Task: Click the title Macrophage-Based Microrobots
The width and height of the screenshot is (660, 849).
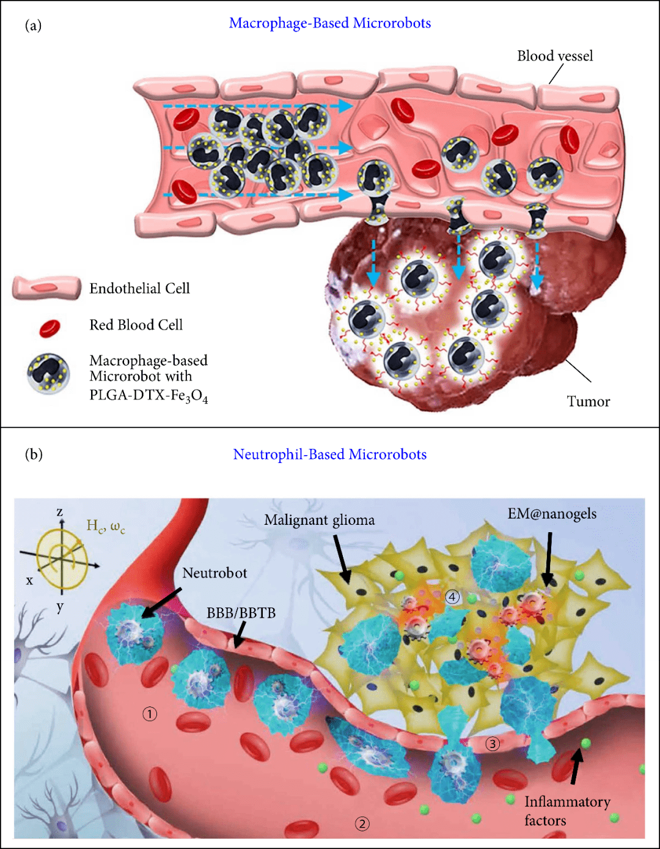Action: coord(330,23)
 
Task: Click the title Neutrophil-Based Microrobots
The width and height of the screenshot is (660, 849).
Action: coord(330,454)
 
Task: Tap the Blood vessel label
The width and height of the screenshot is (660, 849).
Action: coord(555,56)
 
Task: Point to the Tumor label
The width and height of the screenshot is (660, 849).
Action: coord(588,401)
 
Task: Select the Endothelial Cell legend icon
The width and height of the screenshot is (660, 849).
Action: coord(46,288)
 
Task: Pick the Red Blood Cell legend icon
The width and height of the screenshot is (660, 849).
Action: coord(50,328)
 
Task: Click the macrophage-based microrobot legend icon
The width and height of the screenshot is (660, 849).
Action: coord(48,373)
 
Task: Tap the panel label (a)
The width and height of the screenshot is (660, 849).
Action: coord(33,25)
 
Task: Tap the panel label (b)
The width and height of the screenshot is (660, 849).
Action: coord(34,454)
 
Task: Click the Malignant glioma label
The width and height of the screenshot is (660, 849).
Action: coord(319,521)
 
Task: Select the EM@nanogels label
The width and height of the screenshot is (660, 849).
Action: coord(552,514)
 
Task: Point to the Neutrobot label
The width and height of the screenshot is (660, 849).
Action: coord(215,573)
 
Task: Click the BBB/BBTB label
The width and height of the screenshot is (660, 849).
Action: coord(241,613)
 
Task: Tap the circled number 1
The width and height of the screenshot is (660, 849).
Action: coord(150,714)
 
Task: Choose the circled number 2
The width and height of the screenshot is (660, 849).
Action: coord(362,824)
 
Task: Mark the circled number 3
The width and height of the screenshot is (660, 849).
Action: coord(493,744)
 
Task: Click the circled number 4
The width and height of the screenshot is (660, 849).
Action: coord(452,597)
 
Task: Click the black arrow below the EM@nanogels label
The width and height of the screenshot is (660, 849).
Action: coord(548,558)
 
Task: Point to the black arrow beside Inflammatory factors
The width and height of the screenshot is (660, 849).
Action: coord(576,766)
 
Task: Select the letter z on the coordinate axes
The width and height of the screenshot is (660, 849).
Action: coord(60,512)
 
